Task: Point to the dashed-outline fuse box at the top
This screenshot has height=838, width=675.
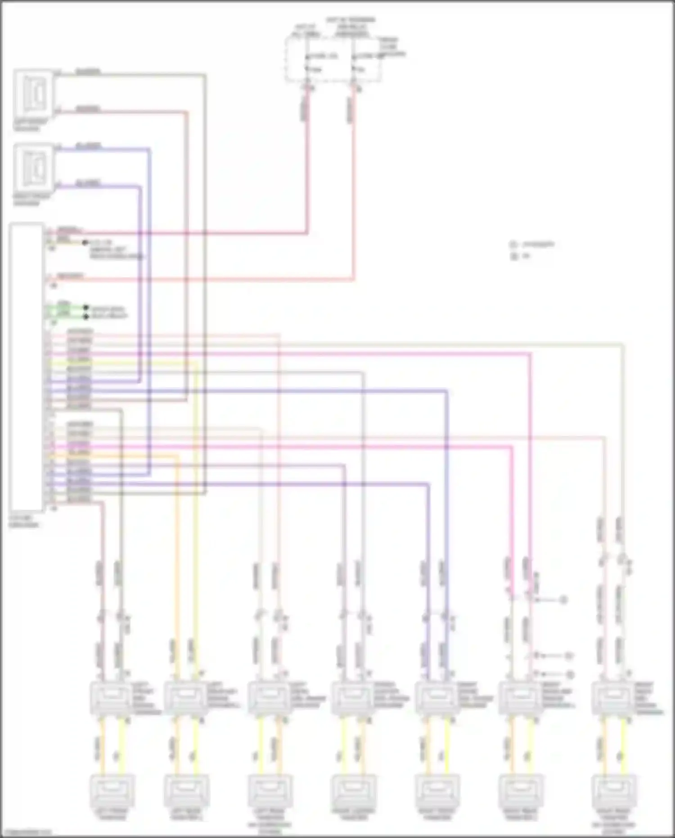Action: [333, 59]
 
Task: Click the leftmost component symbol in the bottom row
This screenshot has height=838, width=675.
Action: [111, 791]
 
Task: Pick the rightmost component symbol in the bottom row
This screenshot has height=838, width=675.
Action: [614, 791]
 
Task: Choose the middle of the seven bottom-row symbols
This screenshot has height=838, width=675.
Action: [353, 791]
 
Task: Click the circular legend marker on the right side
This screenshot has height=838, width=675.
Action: [513, 245]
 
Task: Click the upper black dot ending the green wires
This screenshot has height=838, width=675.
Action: [86, 308]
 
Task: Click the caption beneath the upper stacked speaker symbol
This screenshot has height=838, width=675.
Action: [30, 125]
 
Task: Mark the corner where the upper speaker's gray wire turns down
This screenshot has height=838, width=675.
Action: [205, 75]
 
